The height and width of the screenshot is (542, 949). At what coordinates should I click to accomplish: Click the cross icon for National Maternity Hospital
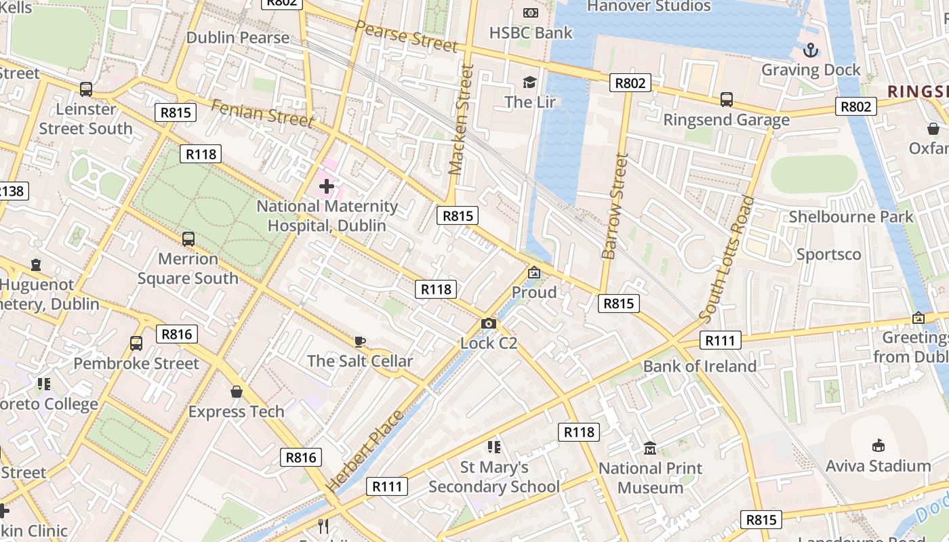327,186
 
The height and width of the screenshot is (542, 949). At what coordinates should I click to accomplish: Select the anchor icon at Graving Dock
810,50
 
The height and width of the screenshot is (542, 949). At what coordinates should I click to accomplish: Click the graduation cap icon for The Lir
529,82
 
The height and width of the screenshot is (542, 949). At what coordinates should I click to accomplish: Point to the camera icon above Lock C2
488,324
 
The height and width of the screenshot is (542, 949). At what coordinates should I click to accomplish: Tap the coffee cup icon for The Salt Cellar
360,341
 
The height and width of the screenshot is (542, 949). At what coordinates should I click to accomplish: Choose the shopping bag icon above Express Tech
237,392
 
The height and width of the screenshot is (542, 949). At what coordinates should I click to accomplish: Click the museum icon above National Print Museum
650,449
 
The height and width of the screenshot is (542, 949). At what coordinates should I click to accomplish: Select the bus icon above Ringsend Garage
726,100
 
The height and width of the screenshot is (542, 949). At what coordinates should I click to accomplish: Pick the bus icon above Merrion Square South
188,239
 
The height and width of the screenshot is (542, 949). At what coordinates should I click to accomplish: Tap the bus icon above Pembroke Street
136,343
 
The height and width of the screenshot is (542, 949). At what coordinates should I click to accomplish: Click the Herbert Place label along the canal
363,451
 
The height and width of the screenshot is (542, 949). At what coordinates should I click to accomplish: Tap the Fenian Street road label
262,113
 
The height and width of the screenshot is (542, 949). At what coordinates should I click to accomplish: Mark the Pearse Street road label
406,37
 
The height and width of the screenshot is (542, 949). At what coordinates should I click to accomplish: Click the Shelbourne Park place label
851,217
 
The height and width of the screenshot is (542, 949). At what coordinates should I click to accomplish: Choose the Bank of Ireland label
700,367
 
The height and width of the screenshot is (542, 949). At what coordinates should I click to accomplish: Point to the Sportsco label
828,255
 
